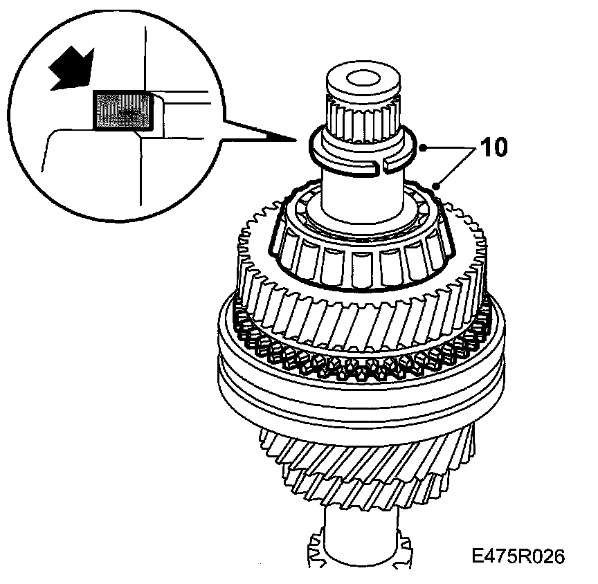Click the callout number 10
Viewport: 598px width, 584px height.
point(491,147)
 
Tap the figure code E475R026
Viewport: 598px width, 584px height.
point(518,557)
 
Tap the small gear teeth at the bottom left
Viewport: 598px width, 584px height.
point(314,554)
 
